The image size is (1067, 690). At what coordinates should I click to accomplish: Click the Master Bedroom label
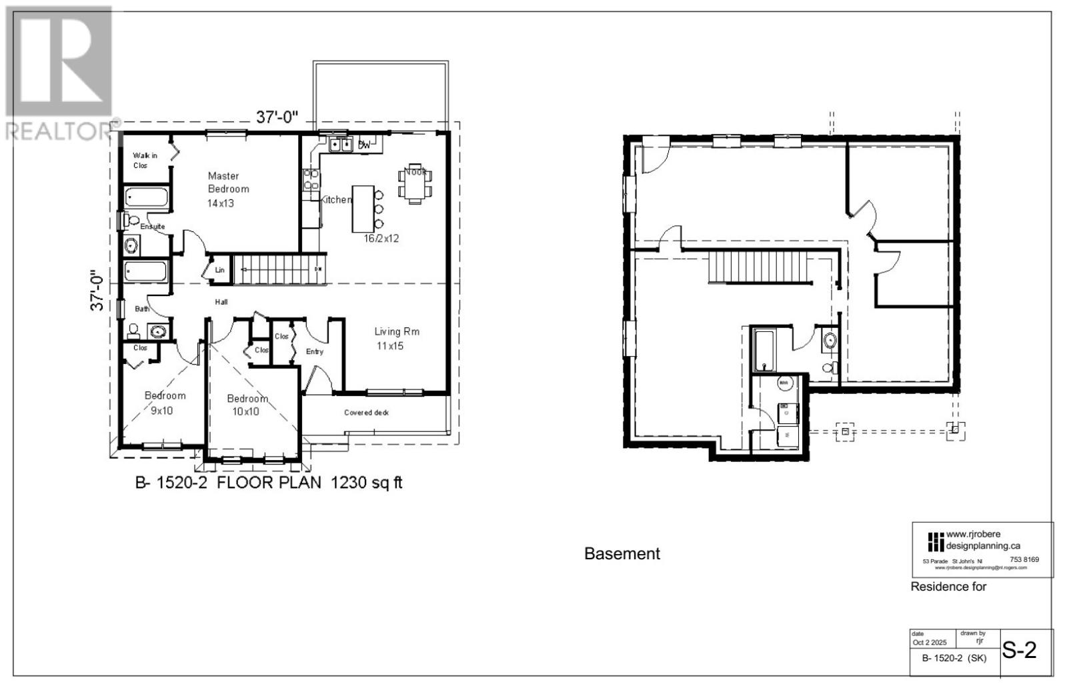click(x=228, y=189)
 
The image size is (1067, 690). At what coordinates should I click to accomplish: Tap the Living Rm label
click(x=396, y=338)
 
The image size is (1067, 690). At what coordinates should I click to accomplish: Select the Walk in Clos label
click(x=144, y=160)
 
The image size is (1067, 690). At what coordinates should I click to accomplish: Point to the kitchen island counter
click(x=363, y=209)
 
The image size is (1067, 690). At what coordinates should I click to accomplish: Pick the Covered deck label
click(x=366, y=413)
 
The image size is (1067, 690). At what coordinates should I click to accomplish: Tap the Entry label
click(x=315, y=351)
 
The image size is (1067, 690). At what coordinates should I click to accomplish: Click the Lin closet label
click(x=219, y=270)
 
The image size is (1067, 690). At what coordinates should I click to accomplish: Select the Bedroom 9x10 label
click(x=165, y=403)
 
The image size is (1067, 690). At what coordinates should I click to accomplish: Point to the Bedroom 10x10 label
click(x=247, y=405)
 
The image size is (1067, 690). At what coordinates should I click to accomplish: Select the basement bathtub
click(x=762, y=350)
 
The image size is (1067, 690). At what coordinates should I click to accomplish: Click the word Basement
click(x=622, y=554)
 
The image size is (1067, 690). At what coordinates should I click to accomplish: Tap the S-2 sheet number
click(x=1020, y=650)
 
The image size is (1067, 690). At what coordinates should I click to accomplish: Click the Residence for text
click(x=948, y=587)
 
